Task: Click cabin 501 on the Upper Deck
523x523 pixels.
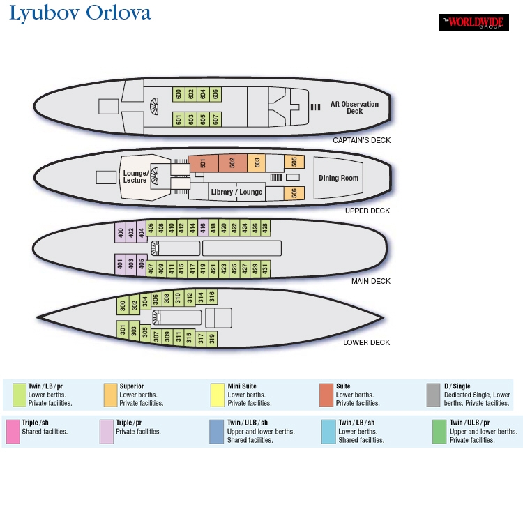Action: [203, 163]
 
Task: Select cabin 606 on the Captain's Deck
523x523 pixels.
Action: [215, 94]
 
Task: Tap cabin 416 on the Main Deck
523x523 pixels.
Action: [203, 228]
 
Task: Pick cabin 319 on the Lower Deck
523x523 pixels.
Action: [212, 339]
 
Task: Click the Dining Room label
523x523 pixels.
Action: [338, 178]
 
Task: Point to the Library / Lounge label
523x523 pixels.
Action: [236, 192]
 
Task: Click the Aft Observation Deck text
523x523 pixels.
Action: [354, 107]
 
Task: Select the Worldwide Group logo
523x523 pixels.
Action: [474, 23]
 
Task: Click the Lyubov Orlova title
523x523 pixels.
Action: [80, 14]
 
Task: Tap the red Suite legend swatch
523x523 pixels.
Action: [326, 395]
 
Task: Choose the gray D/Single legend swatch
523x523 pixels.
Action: [433, 395]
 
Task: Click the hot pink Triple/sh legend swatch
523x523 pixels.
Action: [13, 432]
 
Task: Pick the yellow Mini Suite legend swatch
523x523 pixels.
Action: [218, 395]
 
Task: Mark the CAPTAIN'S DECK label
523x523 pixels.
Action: [361, 140]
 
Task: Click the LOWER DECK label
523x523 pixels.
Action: [367, 342]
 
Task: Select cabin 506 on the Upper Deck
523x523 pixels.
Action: [294, 193]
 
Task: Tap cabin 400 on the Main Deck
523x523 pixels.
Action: [121, 232]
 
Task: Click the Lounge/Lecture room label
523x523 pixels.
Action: [135, 176]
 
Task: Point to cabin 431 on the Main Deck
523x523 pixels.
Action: [265, 268]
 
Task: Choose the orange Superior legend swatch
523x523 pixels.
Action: [110, 395]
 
